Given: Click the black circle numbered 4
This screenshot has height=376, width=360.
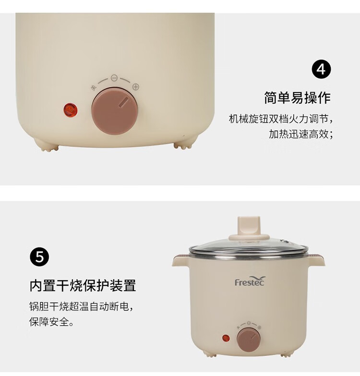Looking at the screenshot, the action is (x=322, y=69).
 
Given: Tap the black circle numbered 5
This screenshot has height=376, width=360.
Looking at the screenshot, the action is (x=39, y=257).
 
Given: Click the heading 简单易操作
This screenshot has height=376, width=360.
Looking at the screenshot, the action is (x=298, y=98).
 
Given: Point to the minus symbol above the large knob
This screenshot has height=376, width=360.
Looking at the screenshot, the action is (x=114, y=78).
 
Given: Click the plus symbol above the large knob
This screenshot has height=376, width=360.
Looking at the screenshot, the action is (x=136, y=87).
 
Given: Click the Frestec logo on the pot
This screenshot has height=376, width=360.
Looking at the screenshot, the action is (x=250, y=281).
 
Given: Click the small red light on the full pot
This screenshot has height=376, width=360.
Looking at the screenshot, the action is (x=226, y=339).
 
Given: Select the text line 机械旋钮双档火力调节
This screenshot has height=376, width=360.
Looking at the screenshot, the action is (x=281, y=119).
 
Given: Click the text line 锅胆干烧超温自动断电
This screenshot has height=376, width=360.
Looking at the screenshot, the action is (x=81, y=306).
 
